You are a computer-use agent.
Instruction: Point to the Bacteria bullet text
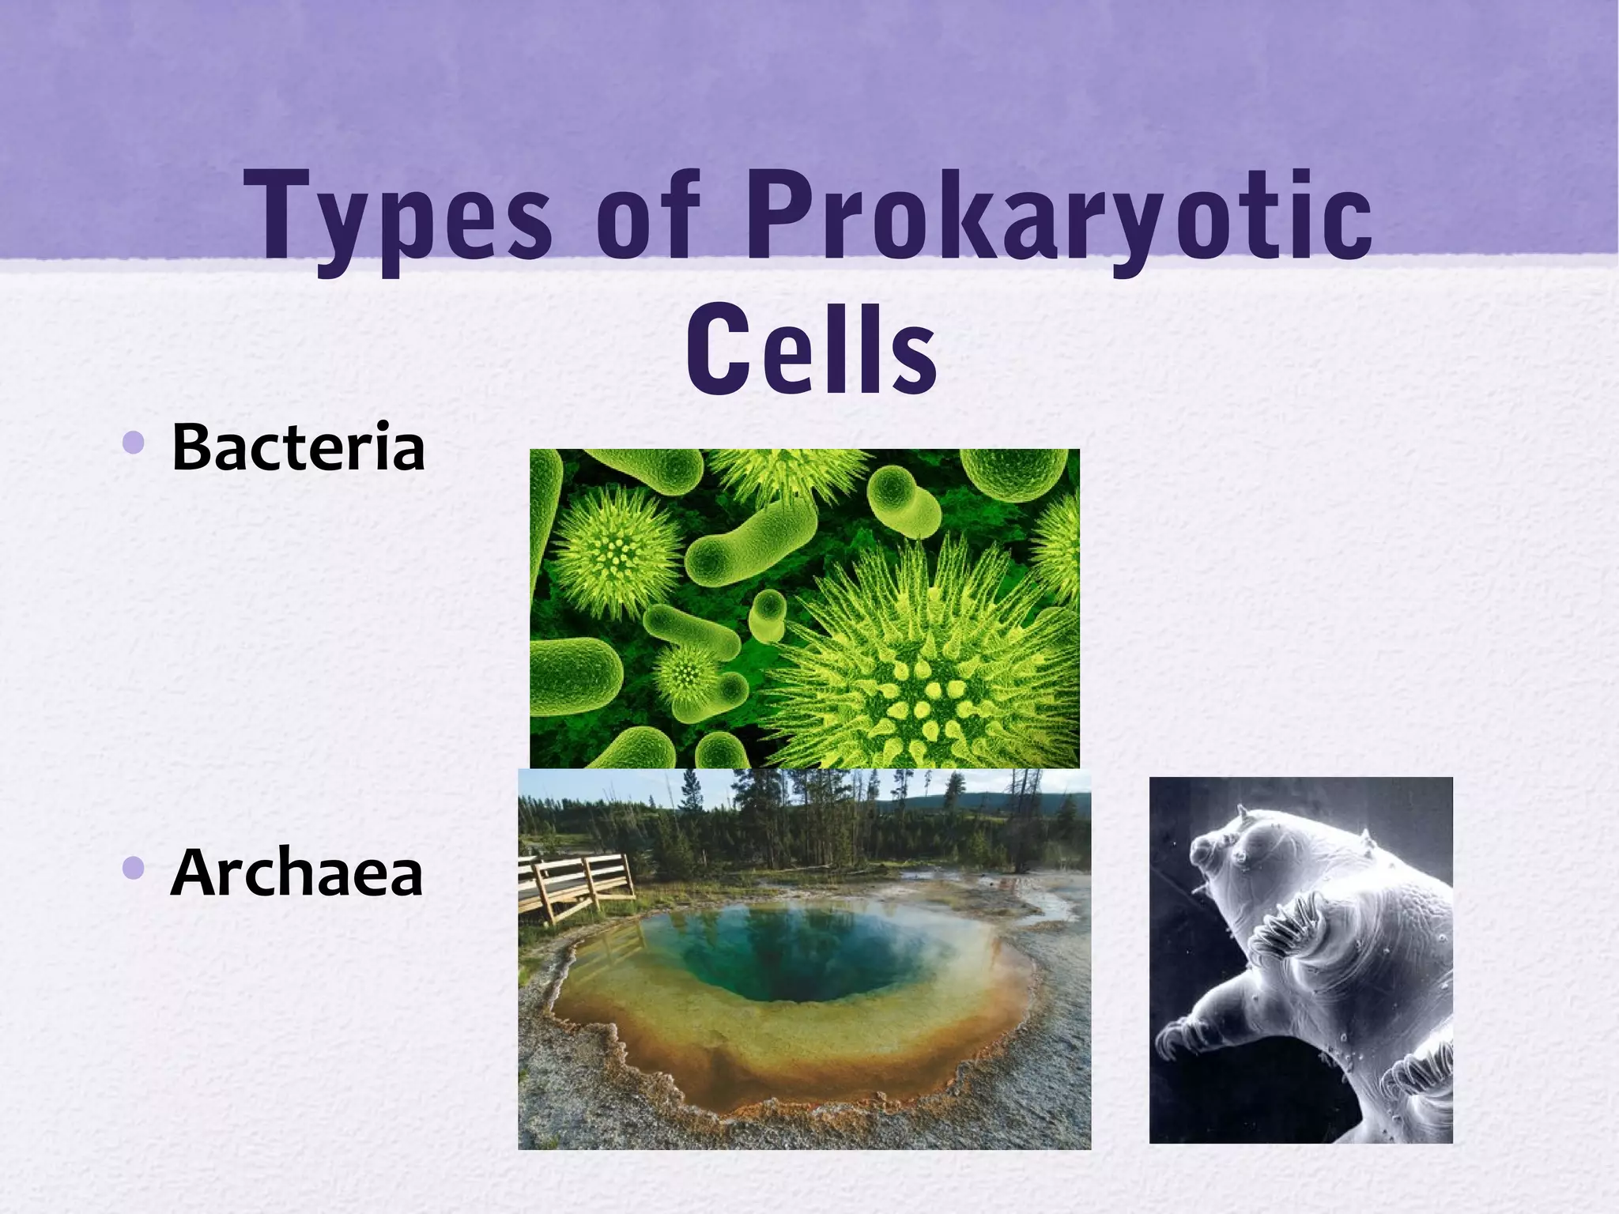(x=298, y=448)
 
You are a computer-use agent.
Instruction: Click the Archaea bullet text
(x=296, y=874)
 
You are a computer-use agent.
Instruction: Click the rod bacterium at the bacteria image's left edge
(x=565, y=676)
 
